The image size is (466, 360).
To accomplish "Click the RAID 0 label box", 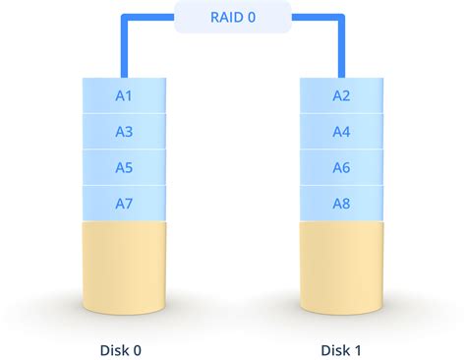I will [232, 17].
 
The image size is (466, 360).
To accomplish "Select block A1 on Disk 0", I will [124, 96].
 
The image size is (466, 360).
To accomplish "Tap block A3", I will [124, 132].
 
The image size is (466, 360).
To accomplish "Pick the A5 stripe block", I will [124, 167].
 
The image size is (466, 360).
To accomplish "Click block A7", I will [124, 203].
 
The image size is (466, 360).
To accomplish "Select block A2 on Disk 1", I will [341, 96].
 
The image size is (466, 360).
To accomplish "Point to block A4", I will [341, 132].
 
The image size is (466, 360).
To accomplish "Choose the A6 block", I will [341, 167].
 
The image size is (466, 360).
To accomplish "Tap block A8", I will [341, 203].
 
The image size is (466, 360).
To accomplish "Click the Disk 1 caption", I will [340, 349].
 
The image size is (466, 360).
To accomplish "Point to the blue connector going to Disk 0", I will [125, 44].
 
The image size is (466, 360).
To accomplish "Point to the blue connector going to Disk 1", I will [341, 44].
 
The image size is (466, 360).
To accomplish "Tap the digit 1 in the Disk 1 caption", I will [357, 349].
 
